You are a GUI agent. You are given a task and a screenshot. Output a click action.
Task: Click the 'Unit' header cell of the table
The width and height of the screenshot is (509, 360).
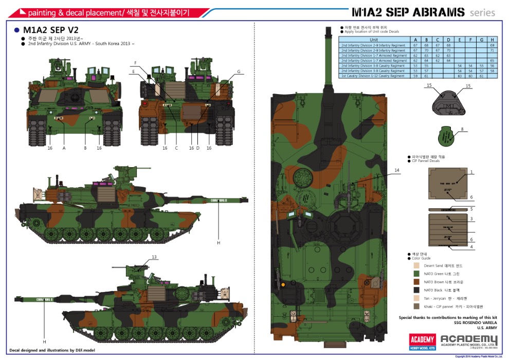(374, 40)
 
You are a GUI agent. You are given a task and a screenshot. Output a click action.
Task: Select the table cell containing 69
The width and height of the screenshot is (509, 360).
(492, 45)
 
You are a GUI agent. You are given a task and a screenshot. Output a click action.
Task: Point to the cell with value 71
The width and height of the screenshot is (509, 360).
(492, 50)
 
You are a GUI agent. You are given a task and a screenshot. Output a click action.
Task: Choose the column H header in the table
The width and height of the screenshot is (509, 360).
(492, 40)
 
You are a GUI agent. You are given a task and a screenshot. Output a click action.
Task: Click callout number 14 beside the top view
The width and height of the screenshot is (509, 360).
(396, 170)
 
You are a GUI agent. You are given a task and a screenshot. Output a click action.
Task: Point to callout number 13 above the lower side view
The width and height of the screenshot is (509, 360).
(154, 257)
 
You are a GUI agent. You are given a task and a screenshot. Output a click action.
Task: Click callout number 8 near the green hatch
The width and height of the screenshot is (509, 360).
(462, 129)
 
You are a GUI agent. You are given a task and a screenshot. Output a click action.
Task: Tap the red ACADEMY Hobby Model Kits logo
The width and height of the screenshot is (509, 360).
(423, 341)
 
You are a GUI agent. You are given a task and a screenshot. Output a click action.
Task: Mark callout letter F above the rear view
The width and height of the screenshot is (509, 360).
(135, 63)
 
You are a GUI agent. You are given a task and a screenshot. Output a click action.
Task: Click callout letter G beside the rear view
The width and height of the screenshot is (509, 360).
(239, 71)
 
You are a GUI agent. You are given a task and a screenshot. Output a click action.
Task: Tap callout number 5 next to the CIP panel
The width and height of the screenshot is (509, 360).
(471, 209)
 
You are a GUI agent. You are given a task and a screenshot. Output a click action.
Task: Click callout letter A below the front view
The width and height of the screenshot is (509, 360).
(64, 148)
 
